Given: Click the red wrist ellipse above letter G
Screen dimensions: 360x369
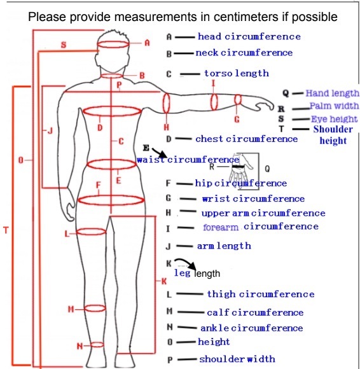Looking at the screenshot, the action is pyautogui.click(x=238, y=95).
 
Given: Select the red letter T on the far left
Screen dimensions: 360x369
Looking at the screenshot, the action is pyautogui.click(x=6, y=230).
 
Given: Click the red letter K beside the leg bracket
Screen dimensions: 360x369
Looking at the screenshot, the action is pyautogui.click(x=164, y=281).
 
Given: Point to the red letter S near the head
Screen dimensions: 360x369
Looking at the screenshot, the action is pyautogui.click(x=64, y=45).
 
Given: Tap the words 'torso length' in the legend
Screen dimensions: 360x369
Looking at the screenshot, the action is pyautogui.click(x=237, y=73).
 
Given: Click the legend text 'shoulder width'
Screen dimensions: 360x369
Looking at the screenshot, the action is pyautogui.click(x=237, y=359).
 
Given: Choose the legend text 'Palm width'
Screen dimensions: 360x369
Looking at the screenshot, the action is pyautogui.click(x=334, y=106).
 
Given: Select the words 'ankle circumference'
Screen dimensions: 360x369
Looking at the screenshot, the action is pyautogui.click(x=251, y=328).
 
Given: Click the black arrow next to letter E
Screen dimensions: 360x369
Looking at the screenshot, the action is pyautogui.click(x=159, y=153).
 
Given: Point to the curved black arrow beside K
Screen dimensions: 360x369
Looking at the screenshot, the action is pyautogui.click(x=185, y=263).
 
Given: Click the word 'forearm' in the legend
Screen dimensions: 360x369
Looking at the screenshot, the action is pyautogui.click(x=221, y=227).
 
